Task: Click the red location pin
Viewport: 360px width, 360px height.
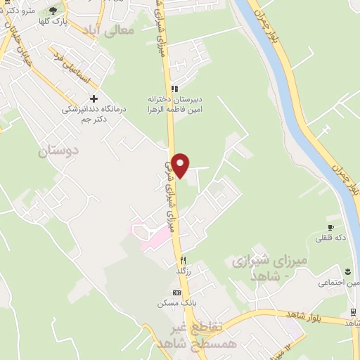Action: (x=181, y=164)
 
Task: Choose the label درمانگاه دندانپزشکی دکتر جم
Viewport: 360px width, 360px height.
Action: (x=91, y=114)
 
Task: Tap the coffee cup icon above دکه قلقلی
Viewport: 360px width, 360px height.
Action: (x=342, y=226)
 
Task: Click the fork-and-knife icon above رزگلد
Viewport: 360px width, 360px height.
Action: (x=182, y=258)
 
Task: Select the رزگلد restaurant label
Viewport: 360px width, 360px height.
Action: (x=183, y=270)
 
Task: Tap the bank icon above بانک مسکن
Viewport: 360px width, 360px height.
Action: (x=176, y=292)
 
